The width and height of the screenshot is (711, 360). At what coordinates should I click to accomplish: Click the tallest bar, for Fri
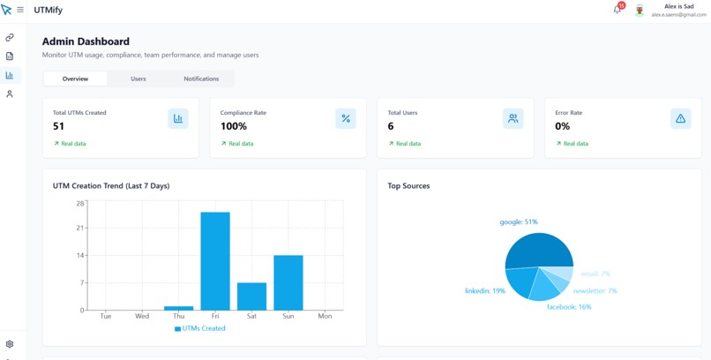tap(215, 261)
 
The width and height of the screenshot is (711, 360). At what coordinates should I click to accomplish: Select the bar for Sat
tap(251, 296)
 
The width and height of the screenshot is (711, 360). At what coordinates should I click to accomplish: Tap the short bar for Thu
tap(178, 308)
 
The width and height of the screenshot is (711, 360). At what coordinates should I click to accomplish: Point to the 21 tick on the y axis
tap(80, 229)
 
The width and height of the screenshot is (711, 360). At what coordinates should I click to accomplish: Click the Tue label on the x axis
tap(106, 316)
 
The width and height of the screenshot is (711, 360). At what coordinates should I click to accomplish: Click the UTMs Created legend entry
tap(200, 328)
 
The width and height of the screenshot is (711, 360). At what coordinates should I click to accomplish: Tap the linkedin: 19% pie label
tap(485, 291)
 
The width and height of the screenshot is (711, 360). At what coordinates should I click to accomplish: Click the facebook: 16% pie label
tap(569, 307)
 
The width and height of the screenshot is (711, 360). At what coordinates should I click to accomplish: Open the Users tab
tap(138, 79)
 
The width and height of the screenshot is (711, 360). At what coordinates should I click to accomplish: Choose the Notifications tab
tap(201, 79)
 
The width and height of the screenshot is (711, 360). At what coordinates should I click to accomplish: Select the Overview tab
tap(75, 79)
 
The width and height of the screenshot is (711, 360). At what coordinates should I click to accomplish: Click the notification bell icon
tap(617, 10)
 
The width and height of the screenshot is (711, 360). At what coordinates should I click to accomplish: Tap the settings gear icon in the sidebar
tap(10, 344)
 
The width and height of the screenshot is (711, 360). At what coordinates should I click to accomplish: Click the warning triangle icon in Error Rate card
tap(680, 118)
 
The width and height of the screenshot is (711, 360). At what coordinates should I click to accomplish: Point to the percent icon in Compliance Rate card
tap(346, 118)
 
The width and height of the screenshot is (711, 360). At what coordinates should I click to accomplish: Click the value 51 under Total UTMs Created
tap(59, 126)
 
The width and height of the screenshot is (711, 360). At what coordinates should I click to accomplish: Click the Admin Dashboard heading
tap(86, 41)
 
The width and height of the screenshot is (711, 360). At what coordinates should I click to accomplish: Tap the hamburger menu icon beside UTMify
tap(20, 11)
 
